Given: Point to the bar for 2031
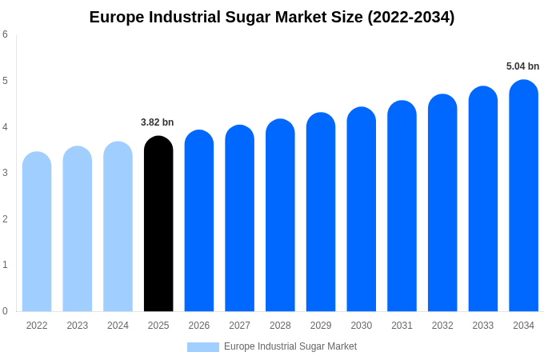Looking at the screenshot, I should click(x=402, y=206).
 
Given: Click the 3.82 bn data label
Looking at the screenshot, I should click(x=157, y=122).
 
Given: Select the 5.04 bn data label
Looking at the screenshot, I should click(x=522, y=66).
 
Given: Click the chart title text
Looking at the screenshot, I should click(x=272, y=17).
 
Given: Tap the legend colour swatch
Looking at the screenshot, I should click(x=203, y=347).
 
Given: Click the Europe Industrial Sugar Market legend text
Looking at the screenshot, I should click(x=290, y=346).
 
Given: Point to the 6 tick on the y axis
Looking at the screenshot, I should click(x=6, y=34).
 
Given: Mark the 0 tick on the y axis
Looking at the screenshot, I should click(x=6, y=311).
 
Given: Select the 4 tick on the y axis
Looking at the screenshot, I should click(x=6, y=127).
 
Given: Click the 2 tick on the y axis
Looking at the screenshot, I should click(x=6, y=219).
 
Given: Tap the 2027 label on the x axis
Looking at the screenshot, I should click(x=239, y=326).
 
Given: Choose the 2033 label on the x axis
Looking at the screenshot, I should click(x=482, y=326).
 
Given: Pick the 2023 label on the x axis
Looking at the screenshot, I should click(x=78, y=326).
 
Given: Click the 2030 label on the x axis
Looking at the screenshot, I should click(x=361, y=326).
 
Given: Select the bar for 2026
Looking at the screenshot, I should click(x=199, y=221).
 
